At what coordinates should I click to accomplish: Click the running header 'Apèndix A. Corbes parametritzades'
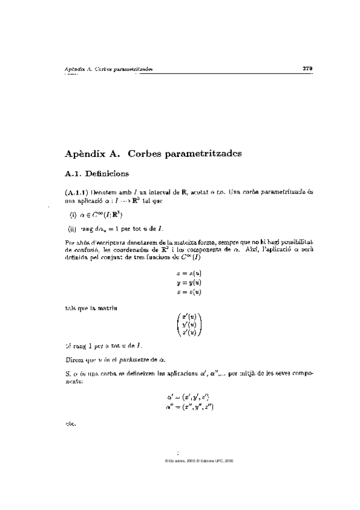point(108,69)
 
